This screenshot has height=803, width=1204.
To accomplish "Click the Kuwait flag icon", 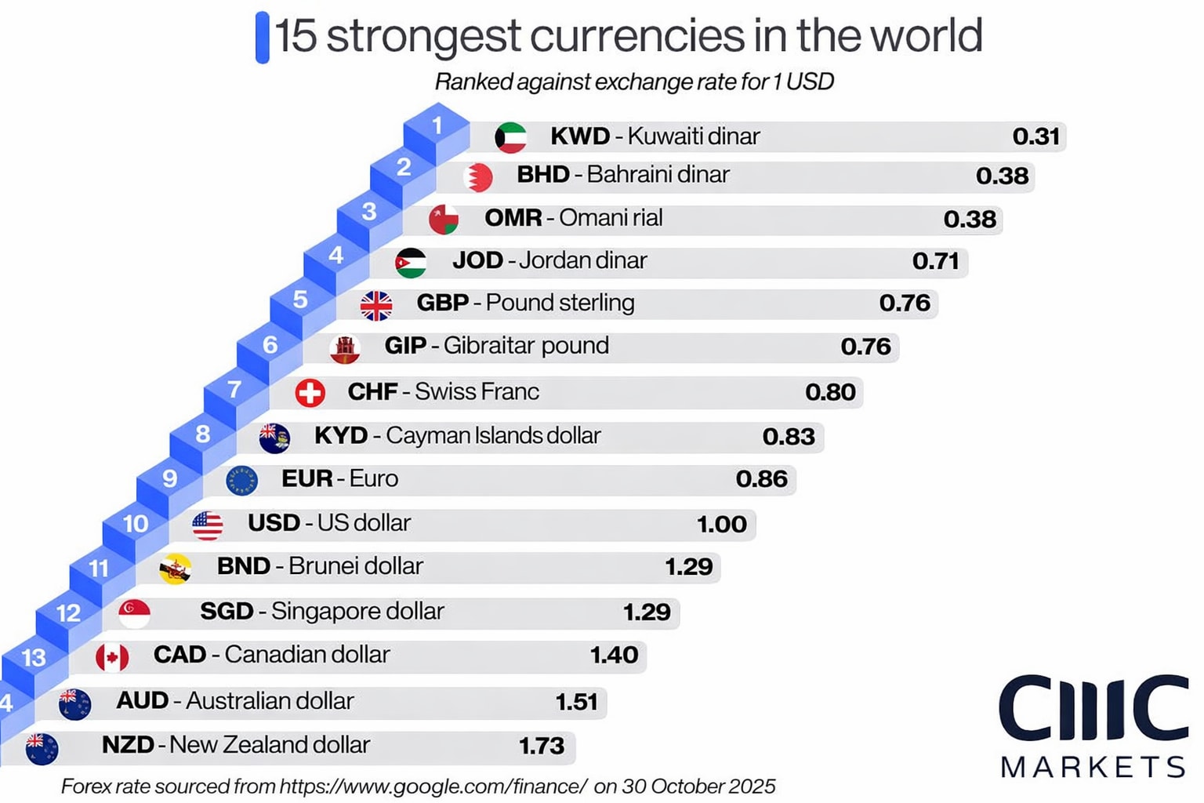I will [x=510, y=137].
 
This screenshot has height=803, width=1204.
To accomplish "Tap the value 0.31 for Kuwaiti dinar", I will [x=1035, y=136].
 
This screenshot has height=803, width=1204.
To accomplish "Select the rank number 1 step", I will [x=437, y=125].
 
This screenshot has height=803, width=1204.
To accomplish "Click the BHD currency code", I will [x=542, y=174].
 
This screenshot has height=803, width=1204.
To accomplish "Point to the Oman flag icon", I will [x=444, y=220].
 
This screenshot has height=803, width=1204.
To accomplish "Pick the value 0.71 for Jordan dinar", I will [x=935, y=260].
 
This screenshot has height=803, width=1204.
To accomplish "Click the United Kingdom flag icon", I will [x=376, y=305].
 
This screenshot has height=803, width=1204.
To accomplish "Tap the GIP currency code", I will [x=405, y=346].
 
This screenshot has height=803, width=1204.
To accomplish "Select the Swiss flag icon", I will [x=310, y=392].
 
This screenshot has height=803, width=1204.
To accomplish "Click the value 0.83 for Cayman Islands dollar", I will [x=789, y=437].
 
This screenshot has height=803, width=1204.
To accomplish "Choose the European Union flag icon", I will [x=241, y=481].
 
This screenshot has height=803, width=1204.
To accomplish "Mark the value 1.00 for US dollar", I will [x=721, y=524].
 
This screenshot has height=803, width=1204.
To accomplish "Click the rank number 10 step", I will [x=136, y=524].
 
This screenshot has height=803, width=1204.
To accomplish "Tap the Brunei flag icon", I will [x=175, y=569].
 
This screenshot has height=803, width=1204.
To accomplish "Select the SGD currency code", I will [x=227, y=611].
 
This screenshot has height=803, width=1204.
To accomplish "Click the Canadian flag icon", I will [x=112, y=657].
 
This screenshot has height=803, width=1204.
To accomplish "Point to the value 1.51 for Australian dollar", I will [x=576, y=702].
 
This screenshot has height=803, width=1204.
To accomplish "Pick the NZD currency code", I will [x=127, y=745].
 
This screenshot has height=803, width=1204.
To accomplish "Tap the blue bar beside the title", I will [x=262, y=37].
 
